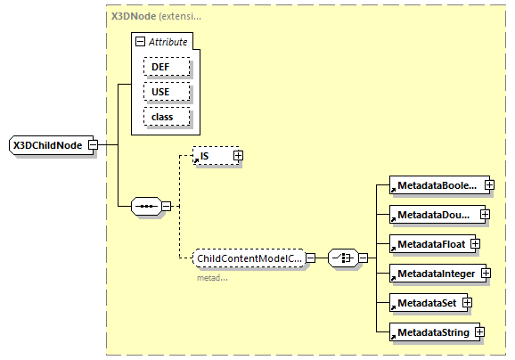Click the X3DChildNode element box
click(x=51, y=146)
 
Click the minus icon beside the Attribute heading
click(x=139, y=42)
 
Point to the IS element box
click(x=213, y=156)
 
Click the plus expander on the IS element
click(x=238, y=156)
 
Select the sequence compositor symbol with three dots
click(x=144, y=207)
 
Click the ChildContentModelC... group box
click(x=249, y=258)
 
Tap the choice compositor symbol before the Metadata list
click(x=343, y=258)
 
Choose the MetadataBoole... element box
click(x=436, y=186)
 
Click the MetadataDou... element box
click(x=434, y=215)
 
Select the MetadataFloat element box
click(x=429, y=243)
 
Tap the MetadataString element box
click(x=432, y=332)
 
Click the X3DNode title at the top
click(x=134, y=16)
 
